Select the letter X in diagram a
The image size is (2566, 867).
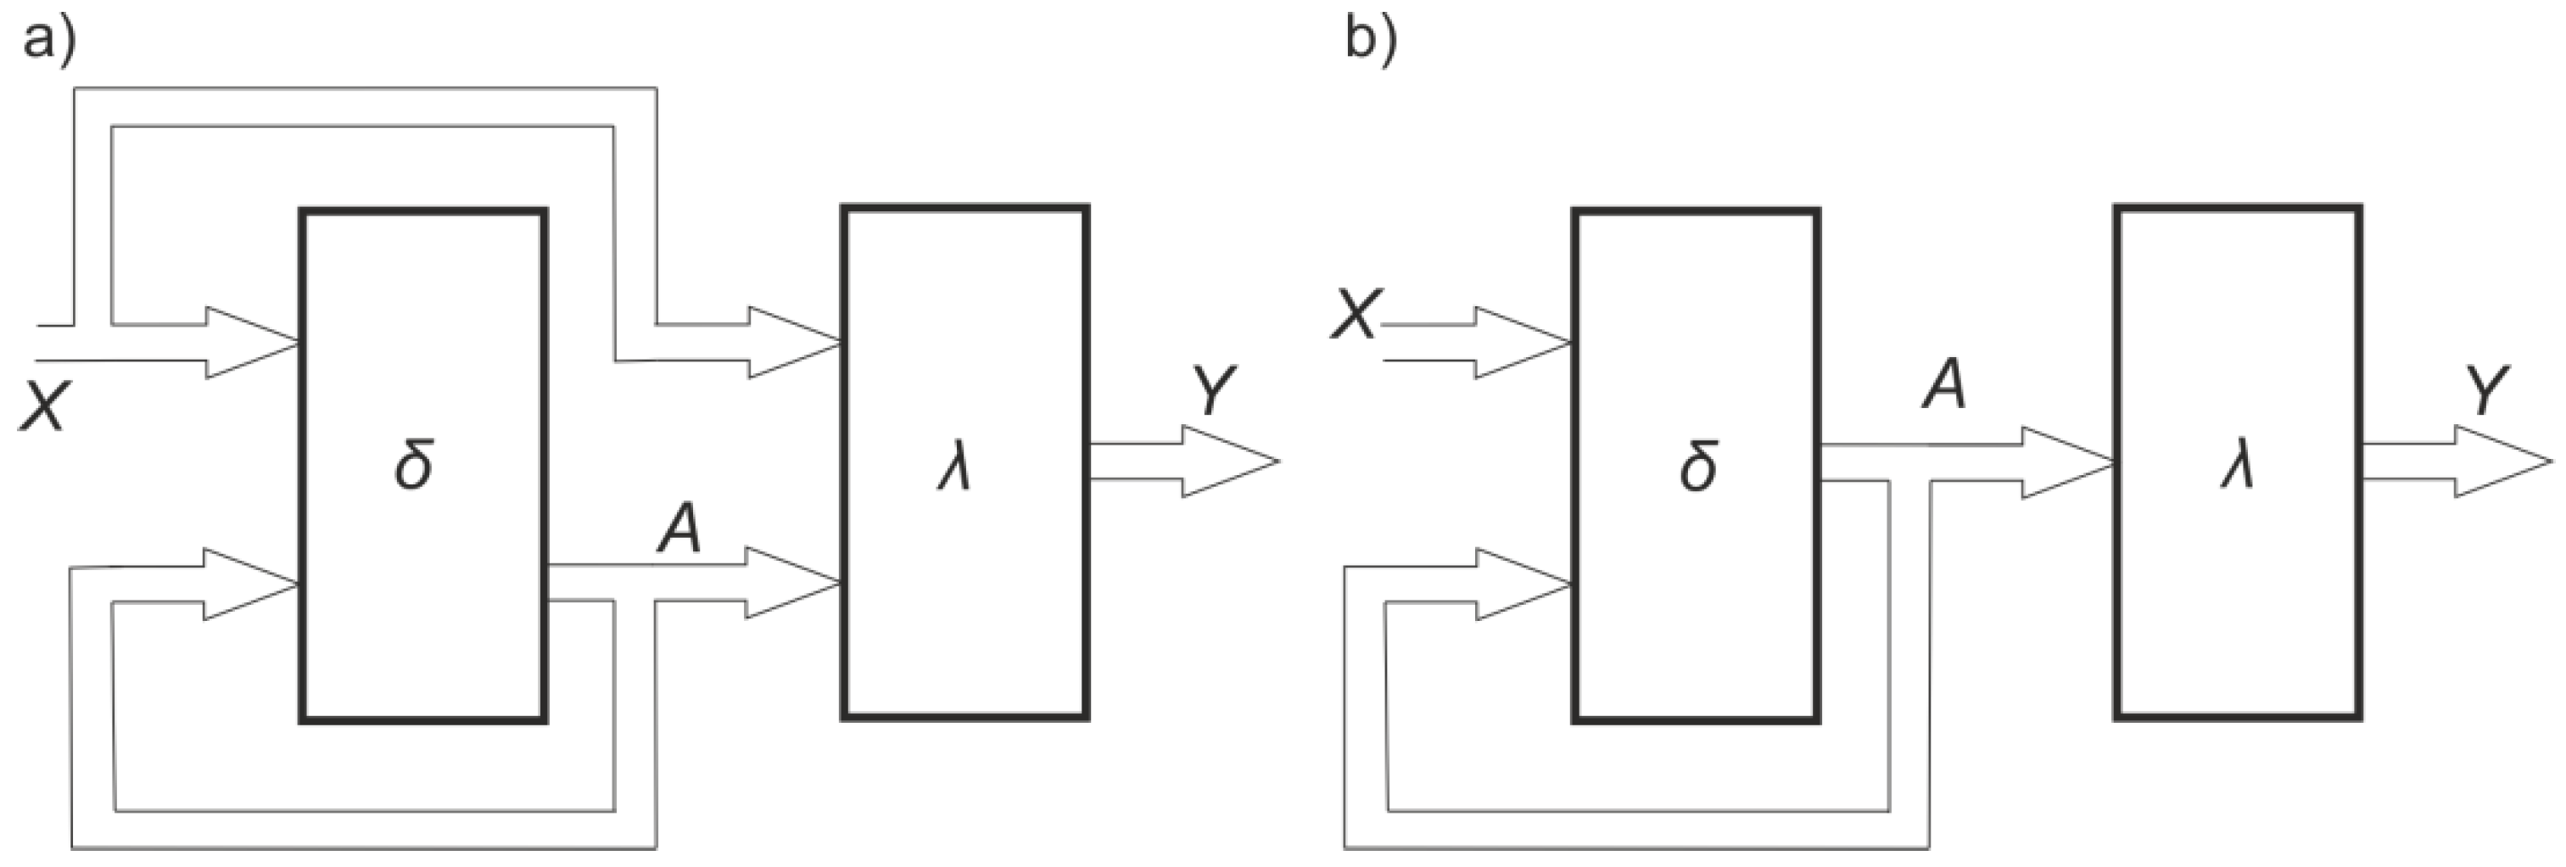(42, 406)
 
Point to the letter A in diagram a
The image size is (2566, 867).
(679, 529)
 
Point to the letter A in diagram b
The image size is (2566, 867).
(1943, 387)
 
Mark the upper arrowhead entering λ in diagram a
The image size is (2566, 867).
(792, 343)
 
